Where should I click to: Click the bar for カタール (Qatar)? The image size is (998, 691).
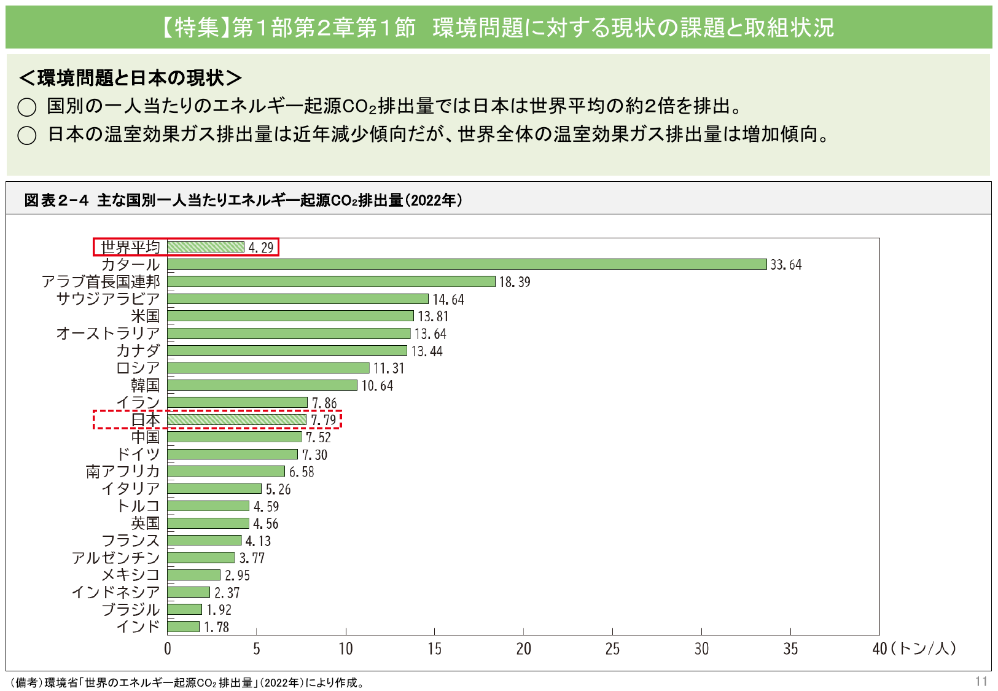[467, 264]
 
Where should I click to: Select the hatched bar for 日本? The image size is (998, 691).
[236, 420]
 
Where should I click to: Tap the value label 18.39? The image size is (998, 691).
[515, 282]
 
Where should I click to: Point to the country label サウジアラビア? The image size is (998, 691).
[108, 299]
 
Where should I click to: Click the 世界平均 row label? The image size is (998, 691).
[130, 247]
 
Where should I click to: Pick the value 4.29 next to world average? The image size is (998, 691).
[261, 248]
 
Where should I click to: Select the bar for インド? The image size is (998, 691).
[183, 627]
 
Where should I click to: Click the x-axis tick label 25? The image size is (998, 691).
[612, 649]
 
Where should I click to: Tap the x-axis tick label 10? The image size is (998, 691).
[346, 649]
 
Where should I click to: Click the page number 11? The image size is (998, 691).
[981, 681]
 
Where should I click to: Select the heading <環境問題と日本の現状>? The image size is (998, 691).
[130, 78]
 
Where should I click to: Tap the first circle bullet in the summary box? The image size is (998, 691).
[27, 107]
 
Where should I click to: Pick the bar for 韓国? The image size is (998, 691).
[262, 385]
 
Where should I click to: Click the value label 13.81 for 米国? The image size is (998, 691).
[433, 316]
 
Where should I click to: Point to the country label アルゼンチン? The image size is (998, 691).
[115, 558]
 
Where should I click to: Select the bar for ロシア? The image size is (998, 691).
[268, 368]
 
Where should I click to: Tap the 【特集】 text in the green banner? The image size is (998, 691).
[195, 28]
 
